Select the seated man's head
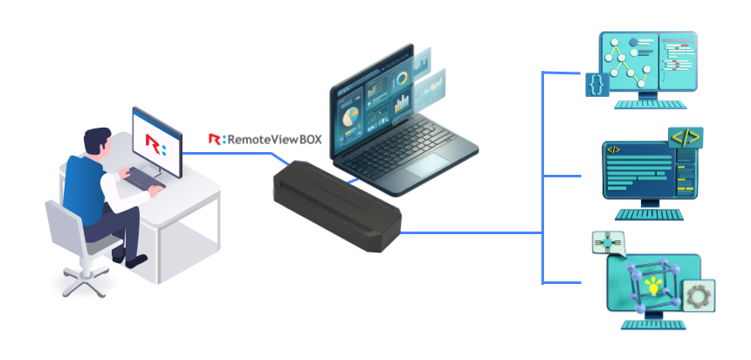click(97, 142)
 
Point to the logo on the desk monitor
click(155, 142)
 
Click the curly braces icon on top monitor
click(596, 84)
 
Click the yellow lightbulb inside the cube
click(651, 284)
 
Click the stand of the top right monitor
click(648, 100)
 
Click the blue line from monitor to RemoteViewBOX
click(236, 154)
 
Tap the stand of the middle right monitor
click(648, 211)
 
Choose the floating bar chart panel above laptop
click(432, 87)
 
